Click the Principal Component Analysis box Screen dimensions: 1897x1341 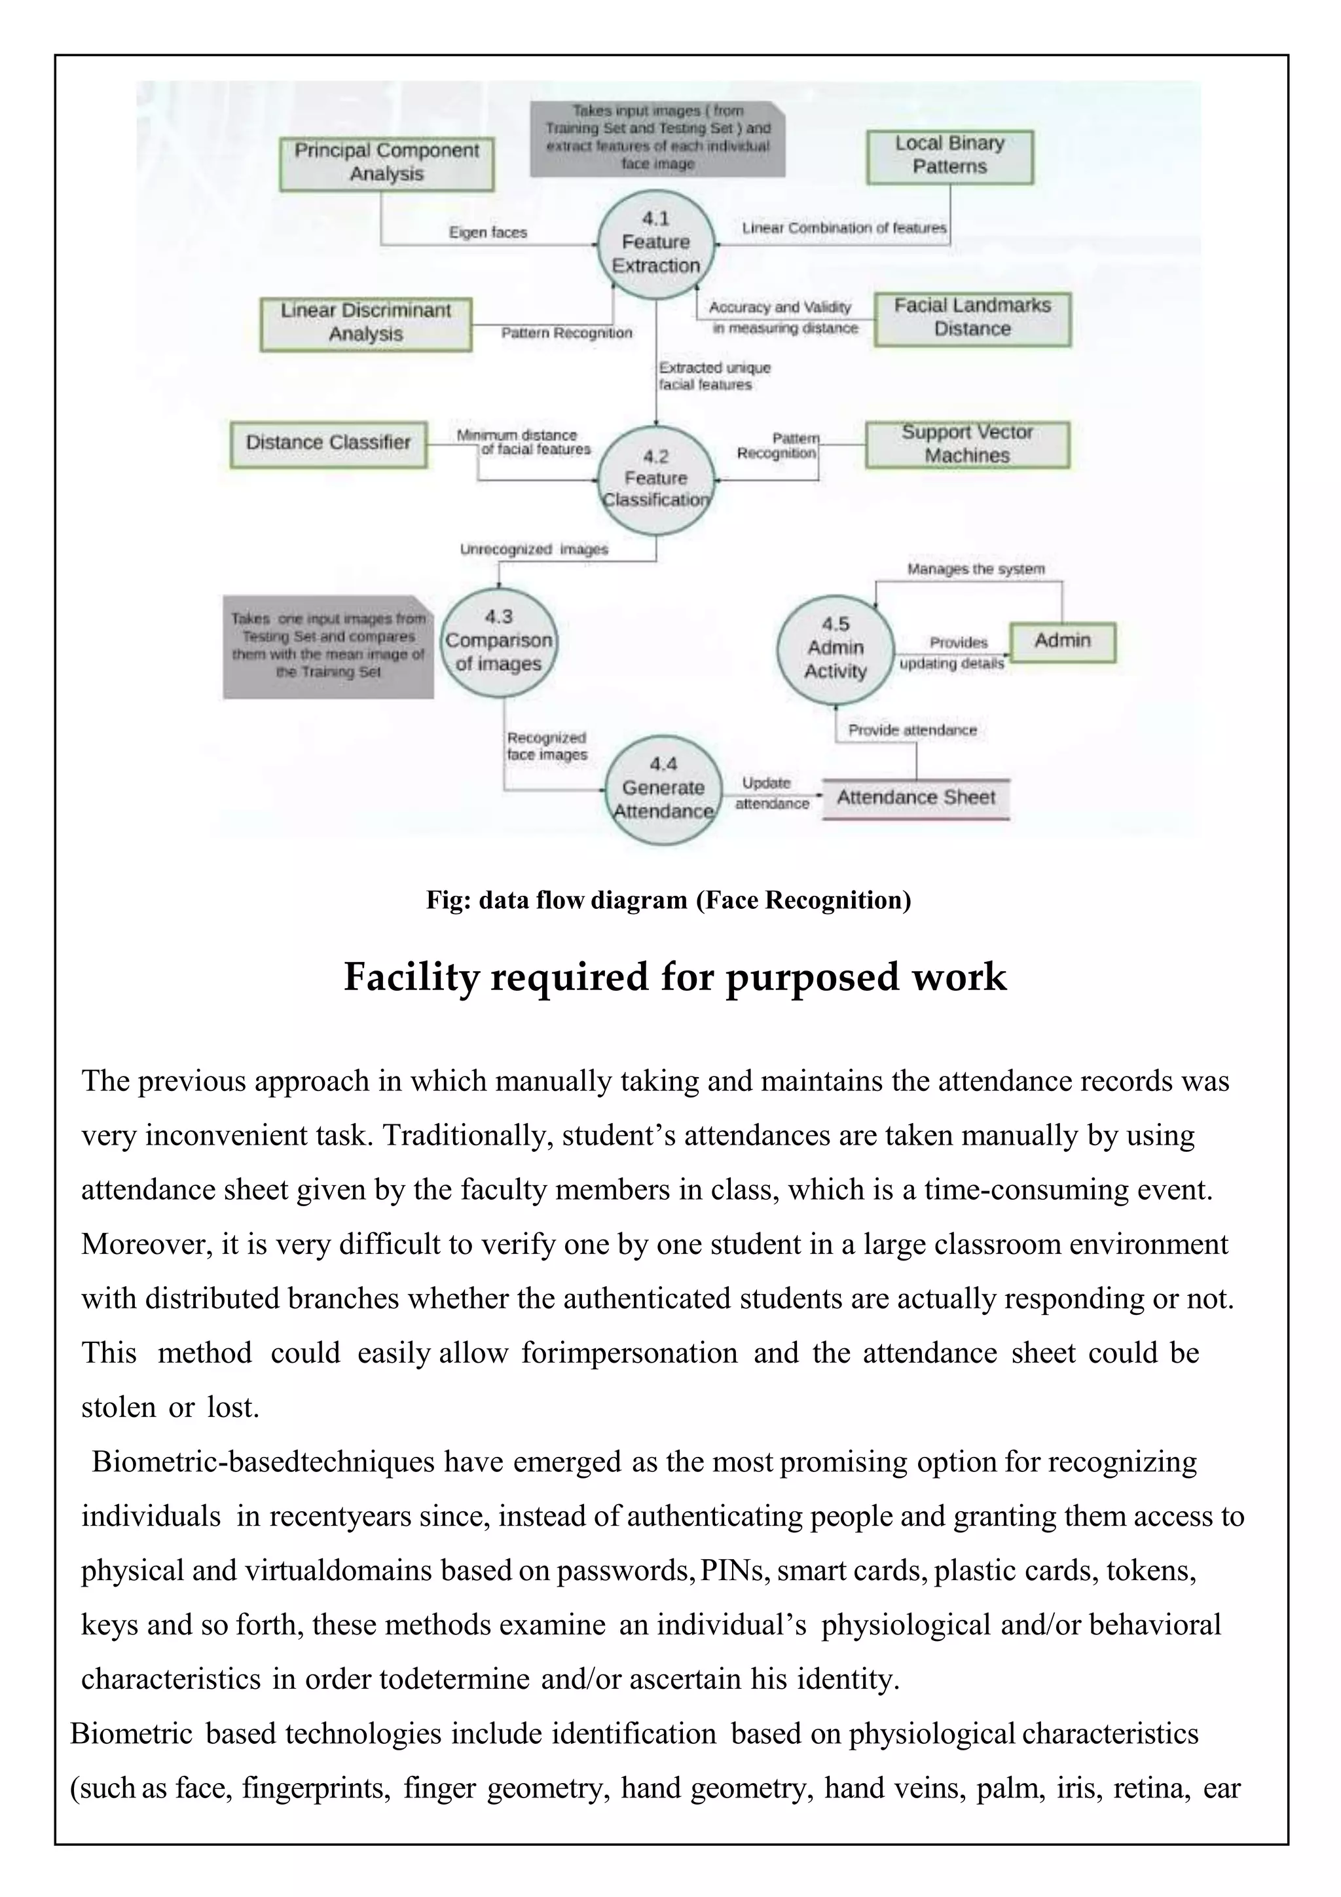[x=387, y=164]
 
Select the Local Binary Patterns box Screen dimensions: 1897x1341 [x=949, y=156]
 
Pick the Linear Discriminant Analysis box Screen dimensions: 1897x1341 [x=366, y=323]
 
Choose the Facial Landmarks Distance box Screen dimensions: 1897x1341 [x=972, y=318]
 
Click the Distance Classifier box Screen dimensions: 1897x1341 [x=328, y=444]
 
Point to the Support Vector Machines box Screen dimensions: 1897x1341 [x=966, y=445]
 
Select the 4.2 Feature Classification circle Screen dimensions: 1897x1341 [x=656, y=479]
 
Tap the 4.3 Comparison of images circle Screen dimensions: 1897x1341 [x=498, y=641]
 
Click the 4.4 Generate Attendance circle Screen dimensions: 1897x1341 [x=663, y=788]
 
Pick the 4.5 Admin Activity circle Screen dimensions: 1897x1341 [x=836, y=648]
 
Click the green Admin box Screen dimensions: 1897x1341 [x=1063, y=641]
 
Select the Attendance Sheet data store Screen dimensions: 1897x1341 [x=915, y=798]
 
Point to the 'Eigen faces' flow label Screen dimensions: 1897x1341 [x=487, y=233]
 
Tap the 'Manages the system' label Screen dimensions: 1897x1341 [x=976, y=569]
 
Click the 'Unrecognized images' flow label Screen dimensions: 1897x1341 [x=534, y=549]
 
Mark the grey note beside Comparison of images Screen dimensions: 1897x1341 [x=328, y=646]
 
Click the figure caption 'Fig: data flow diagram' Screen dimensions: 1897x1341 [x=669, y=900]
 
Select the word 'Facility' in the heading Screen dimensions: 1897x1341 [x=413, y=978]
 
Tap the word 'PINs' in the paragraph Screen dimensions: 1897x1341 [x=731, y=1571]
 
